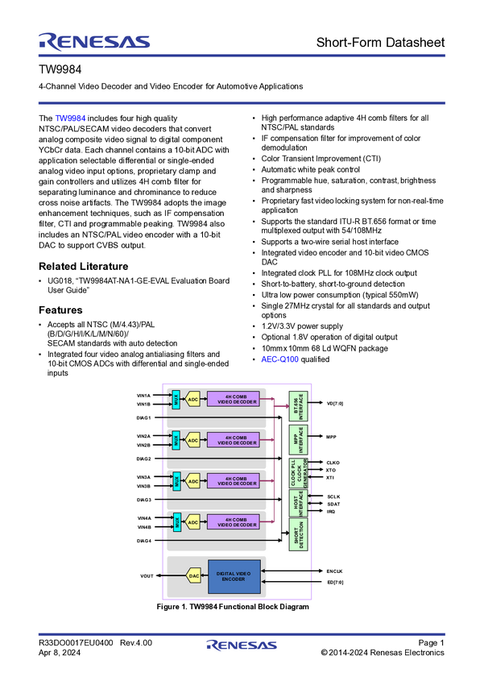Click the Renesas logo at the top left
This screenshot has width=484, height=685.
coord(93,40)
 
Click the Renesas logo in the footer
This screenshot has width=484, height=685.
coord(242,646)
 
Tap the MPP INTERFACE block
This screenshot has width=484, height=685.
coord(299,441)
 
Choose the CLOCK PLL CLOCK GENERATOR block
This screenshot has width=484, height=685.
coord(299,473)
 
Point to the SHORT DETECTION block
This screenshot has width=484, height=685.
coord(299,535)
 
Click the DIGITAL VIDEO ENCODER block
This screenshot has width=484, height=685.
coord(234,576)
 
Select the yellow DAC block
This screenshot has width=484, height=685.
coord(193,576)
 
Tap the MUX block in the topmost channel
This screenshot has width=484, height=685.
coord(176,399)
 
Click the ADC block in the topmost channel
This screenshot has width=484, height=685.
coord(193,399)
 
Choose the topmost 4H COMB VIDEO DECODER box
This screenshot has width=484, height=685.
coord(234,399)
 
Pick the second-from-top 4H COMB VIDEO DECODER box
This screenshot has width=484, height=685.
coord(234,440)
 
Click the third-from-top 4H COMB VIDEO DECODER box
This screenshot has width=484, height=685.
coord(234,481)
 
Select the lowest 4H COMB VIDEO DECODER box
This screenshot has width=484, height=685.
coord(234,522)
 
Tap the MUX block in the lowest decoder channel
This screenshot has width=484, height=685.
coord(176,522)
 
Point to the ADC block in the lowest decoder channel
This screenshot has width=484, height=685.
coord(193,522)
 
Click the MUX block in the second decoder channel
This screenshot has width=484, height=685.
coord(176,440)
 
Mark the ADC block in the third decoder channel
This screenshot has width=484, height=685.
coord(193,481)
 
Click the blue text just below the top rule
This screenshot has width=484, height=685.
coord(69,118)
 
